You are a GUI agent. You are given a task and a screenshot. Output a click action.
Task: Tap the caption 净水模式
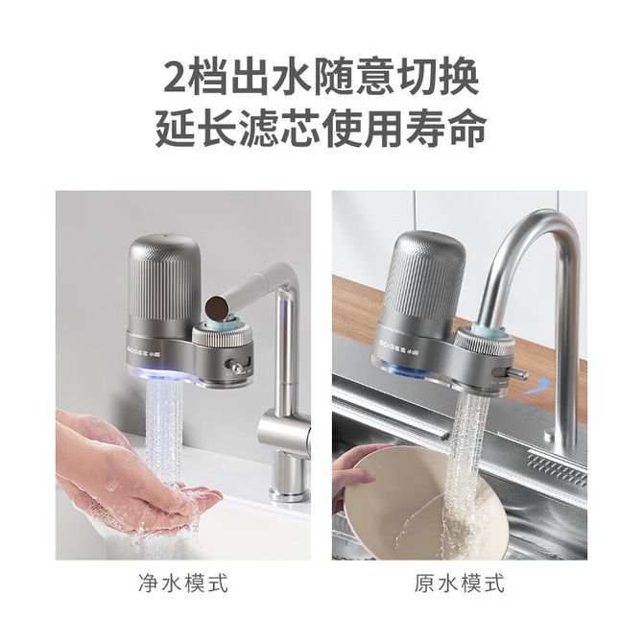click(183, 583)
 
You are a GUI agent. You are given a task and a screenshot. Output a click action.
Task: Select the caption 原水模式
click(460, 583)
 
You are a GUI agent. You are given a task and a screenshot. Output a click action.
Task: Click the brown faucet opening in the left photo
click(218, 308)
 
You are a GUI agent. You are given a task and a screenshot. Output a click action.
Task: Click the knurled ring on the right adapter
click(482, 343)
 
